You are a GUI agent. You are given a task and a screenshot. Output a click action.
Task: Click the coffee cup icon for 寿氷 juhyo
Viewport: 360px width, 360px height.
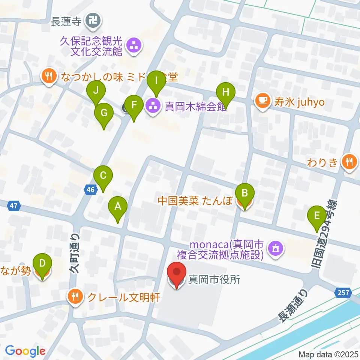(262, 101)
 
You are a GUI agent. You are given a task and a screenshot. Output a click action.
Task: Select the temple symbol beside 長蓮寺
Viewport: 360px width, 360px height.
(92, 21)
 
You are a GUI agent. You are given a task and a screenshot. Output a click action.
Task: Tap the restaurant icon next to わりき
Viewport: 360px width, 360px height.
(350, 162)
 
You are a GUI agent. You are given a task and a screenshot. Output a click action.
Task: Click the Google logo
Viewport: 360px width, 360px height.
(25, 351)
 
